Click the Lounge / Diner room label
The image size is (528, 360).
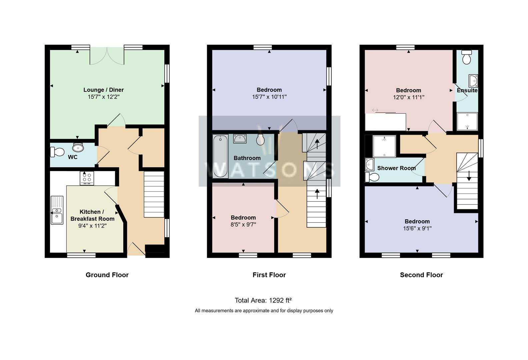(x=103, y=90)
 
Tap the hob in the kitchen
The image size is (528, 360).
(x=87, y=178)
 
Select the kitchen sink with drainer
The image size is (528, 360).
(x=57, y=210)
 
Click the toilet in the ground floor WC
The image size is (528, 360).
(x=57, y=152)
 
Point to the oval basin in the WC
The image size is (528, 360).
(x=78, y=147)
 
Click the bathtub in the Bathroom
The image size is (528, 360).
(x=220, y=156)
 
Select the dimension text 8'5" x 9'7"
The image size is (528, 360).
(x=243, y=225)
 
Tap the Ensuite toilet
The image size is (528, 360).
(x=467, y=58)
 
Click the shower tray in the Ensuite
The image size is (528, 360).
(x=467, y=122)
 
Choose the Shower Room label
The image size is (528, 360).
(x=396, y=168)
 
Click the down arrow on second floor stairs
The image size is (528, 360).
(x=469, y=176)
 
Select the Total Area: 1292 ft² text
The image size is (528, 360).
(x=263, y=300)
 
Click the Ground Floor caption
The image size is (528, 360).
(x=107, y=275)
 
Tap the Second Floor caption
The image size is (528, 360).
(x=421, y=275)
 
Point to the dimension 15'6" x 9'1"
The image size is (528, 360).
(x=417, y=229)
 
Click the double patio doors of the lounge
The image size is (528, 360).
(x=107, y=56)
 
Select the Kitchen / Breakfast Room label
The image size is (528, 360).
(x=92, y=215)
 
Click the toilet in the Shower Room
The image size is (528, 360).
(x=372, y=177)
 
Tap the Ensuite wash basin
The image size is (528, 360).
(x=473, y=81)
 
